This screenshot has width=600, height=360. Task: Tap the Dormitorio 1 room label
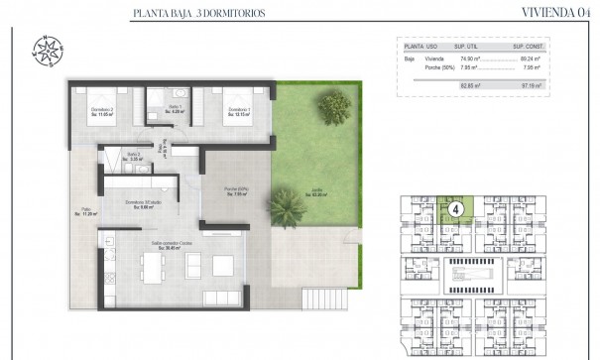[237, 111]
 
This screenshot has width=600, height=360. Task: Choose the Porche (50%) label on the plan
[235, 191]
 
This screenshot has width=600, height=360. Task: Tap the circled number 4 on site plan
[455, 209]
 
